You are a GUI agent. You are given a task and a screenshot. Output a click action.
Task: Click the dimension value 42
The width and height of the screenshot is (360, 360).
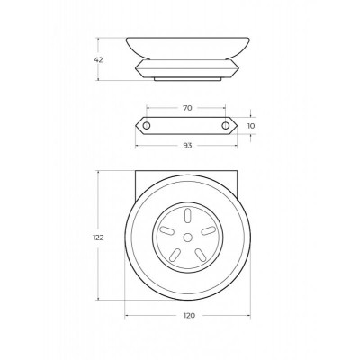click(x=98, y=60)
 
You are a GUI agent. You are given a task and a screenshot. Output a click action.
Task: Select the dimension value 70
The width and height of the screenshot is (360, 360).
click(x=187, y=108)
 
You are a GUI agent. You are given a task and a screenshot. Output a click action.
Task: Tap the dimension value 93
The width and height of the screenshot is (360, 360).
click(x=187, y=146)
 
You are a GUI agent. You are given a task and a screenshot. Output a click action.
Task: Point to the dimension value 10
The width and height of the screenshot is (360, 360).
click(x=251, y=126)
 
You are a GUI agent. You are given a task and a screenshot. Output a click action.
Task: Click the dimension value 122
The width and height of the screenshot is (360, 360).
click(x=98, y=238)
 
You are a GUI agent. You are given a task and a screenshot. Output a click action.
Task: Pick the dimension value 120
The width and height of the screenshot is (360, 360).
click(x=189, y=316)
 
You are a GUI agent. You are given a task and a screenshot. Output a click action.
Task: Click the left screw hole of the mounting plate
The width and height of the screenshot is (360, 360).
click(x=147, y=126)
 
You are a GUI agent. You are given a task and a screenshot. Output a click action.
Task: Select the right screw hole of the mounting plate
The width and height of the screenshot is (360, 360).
click(x=225, y=126)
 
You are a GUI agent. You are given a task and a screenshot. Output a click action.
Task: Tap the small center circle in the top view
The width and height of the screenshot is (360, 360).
click(x=188, y=238)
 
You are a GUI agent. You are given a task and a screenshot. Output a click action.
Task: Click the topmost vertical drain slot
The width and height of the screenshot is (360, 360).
click(x=188, y=216)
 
